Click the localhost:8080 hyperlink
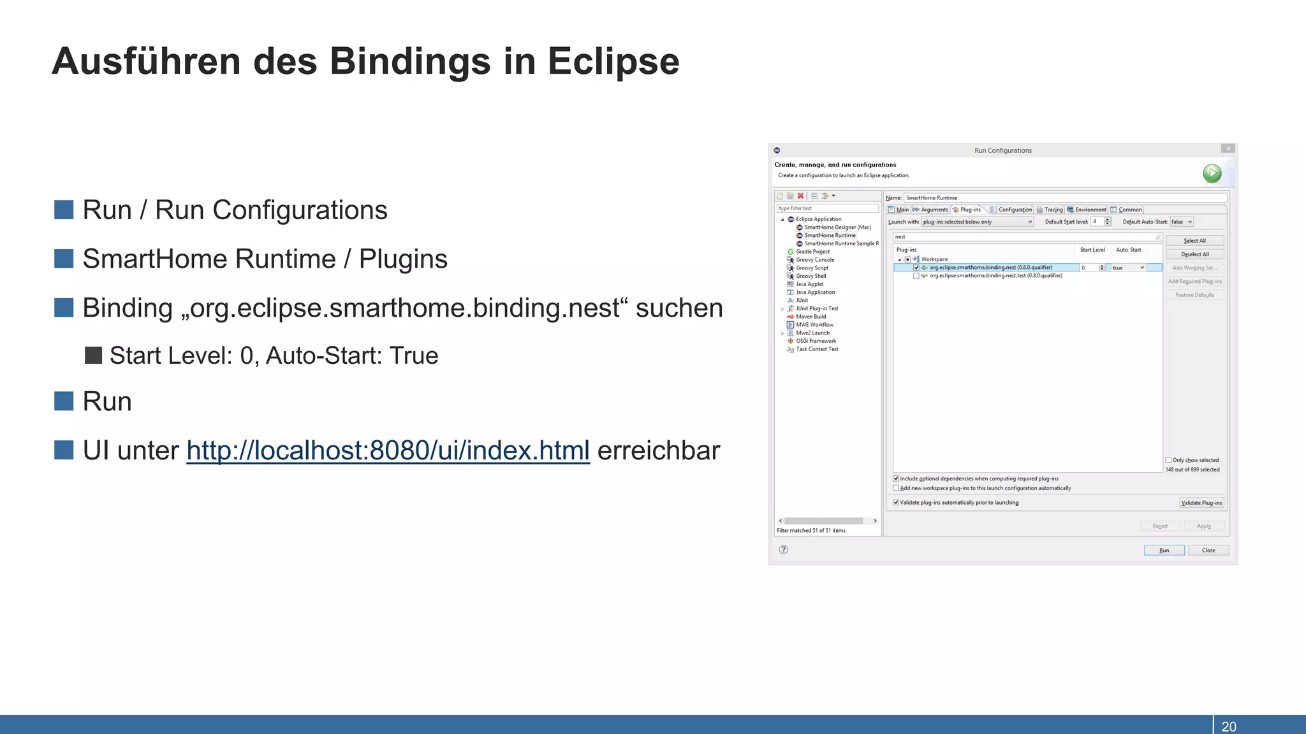(388, 450)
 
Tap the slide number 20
(1228, 726)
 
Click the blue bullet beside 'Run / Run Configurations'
(64, 210)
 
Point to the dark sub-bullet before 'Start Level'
(94, 356)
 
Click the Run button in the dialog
(1164, 550)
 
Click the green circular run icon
(1212, 173)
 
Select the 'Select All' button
(1194, 241)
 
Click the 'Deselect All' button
(1194, 254)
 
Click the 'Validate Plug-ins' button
(1201, 503)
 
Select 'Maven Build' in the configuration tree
(811, 317)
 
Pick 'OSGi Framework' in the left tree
(816, 341)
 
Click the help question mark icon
(784, 549)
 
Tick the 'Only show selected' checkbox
(1169, 460)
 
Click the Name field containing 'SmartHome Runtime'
(1065, 198)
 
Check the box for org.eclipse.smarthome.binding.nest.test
(916, 276)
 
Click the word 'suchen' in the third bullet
(679, 308)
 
